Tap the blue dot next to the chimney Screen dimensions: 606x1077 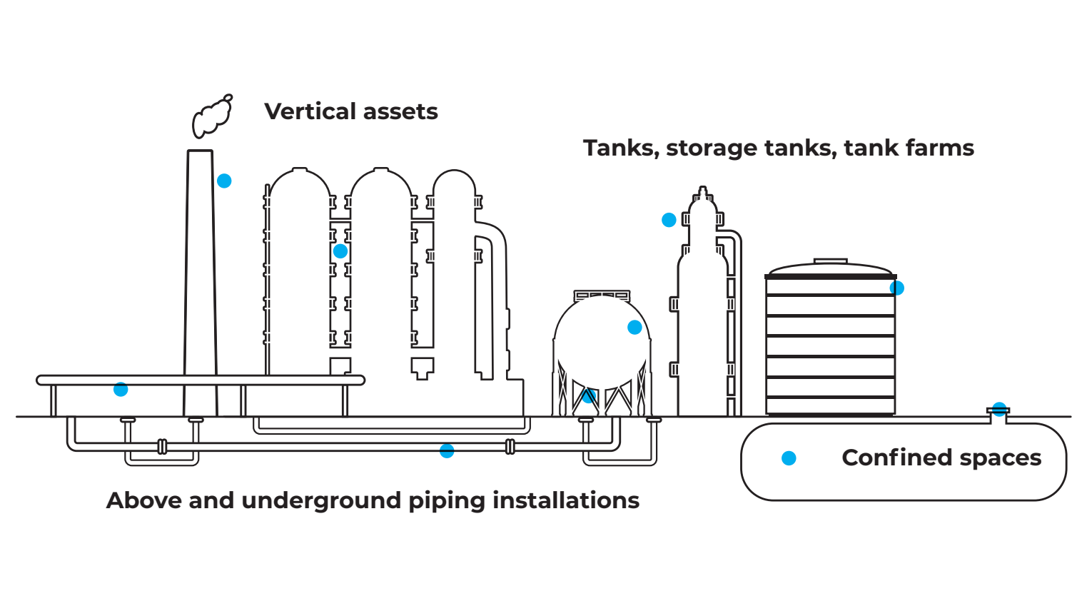[x=224, y=181]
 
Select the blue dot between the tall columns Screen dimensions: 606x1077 [x=340, y=251]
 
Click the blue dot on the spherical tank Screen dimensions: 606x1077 [x=634, y=328]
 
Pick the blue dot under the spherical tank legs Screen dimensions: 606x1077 [x=588, y=397]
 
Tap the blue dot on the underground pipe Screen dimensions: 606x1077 [x=447, y=450]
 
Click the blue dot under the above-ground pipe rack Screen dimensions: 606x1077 [x=121, y=390]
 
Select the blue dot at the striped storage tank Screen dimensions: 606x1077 [x=897, y=288]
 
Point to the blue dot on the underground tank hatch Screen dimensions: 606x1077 [x=999, y=410]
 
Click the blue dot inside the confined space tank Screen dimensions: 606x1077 [x=789, y=458]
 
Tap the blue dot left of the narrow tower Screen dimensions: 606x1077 [x=669, y=220]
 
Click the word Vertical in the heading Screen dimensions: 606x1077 [x=310, y=111]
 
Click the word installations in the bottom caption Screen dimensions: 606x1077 [x=566, y=500]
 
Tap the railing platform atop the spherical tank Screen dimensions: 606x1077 [x=602, y=295]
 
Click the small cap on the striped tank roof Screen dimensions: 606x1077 [x=831, y=262]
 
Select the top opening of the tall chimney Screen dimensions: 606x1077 [x=200, y=152]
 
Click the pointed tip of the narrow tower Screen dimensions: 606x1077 [x=703, y=190]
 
